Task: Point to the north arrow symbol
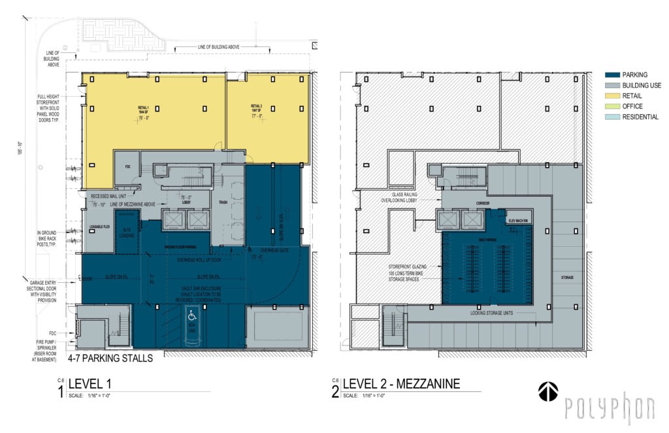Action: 547,391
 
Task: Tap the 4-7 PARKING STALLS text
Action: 110,358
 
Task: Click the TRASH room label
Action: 222,202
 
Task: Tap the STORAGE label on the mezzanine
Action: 567,278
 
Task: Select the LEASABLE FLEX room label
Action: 98,227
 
